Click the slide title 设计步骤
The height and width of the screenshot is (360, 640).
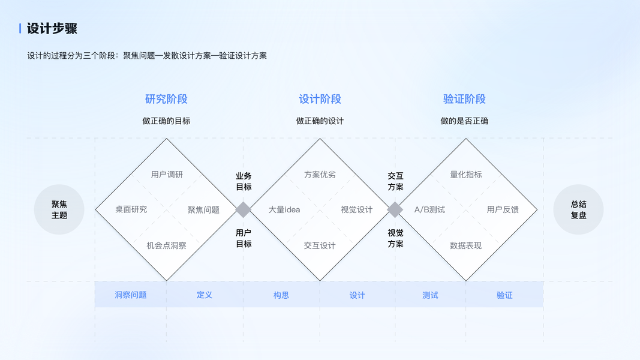click(52, 29)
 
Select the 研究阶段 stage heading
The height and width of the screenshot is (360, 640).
click(166, 99)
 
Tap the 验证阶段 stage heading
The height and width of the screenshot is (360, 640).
click(464, 99)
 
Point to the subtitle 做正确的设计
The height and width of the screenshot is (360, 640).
click(320, 121)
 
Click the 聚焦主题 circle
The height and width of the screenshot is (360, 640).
click(59, 209)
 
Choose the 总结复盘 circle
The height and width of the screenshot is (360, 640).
click(578, 209)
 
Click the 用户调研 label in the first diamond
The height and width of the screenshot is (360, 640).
click(167, 175)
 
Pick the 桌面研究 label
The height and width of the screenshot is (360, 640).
click(131, 209)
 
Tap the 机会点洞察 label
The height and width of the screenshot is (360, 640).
click(166, 245)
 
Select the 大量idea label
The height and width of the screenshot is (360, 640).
click(284, 209)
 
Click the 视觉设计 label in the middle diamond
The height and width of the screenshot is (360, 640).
click(356, 209)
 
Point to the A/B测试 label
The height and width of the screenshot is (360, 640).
click(429, 209)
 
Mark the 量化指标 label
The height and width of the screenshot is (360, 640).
click(466, 175)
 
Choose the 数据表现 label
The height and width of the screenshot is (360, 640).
click(466, 245)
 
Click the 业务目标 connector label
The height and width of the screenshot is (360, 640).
click(244, 181)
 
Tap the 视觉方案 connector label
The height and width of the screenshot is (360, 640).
click(395, 238)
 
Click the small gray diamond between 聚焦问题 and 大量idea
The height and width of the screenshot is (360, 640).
click(244, 209)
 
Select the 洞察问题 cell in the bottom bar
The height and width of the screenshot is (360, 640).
click(131, 295)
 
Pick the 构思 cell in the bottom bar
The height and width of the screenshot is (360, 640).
click(281, 295)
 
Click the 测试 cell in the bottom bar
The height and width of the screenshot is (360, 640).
click(430, 295)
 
